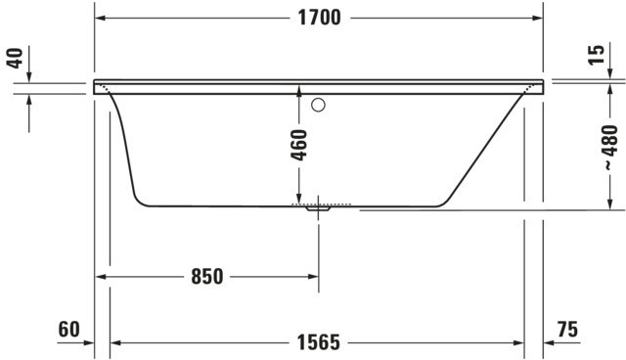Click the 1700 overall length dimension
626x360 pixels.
click(x=320, y=18)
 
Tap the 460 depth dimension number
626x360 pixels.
click(x=299, y=145)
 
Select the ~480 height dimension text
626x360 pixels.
click(x=609, y=148)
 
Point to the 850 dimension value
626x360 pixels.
click(x=206, y=276)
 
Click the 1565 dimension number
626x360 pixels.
click(x=319, y=342)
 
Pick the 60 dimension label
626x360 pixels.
click(x=68, y=330)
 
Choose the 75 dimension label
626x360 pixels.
click(x=567, y=330)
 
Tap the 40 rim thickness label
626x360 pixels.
click(x=16, y=58)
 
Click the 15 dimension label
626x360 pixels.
click(x=596, y=55)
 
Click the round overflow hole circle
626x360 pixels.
click(x=318, y=105)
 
